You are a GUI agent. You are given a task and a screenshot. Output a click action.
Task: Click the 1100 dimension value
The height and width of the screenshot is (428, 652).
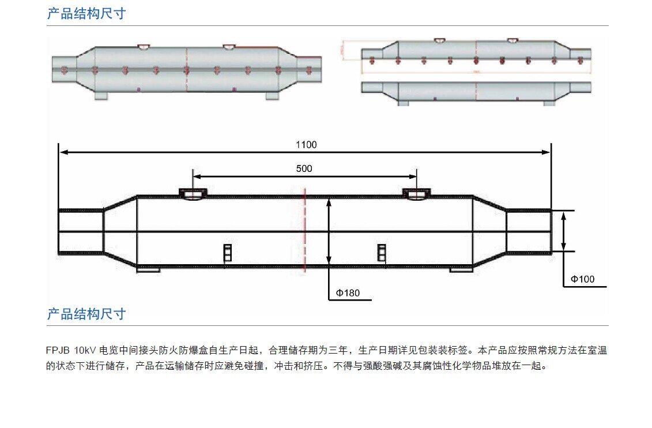(306, 145)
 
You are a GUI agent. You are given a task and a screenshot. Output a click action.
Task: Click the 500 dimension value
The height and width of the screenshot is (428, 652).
(304, 168)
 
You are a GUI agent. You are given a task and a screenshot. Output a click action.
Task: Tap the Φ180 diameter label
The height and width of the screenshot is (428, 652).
(348, 293)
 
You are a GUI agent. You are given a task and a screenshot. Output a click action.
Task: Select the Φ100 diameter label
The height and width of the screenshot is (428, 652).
(582, 279)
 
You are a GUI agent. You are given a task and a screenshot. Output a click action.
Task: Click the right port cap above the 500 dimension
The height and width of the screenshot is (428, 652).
(416, 193)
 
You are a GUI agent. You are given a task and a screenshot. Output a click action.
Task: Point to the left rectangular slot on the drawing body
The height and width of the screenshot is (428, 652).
(227, 253)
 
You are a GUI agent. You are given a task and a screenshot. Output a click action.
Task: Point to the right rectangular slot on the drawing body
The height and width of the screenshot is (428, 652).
(381, 253)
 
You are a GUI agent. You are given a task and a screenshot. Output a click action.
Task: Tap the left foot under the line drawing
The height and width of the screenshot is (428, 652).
(148, 269)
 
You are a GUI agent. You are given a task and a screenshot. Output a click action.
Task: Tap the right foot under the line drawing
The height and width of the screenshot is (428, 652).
(461, 269)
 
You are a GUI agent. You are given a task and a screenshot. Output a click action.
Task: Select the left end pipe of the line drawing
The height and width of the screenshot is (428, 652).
(81, 231)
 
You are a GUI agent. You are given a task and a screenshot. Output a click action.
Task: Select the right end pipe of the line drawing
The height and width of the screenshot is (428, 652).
(528, 231)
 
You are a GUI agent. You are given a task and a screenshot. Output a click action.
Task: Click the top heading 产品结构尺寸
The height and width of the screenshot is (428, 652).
(86, 13)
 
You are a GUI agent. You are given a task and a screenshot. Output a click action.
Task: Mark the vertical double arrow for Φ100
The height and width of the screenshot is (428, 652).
(564, 231)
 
